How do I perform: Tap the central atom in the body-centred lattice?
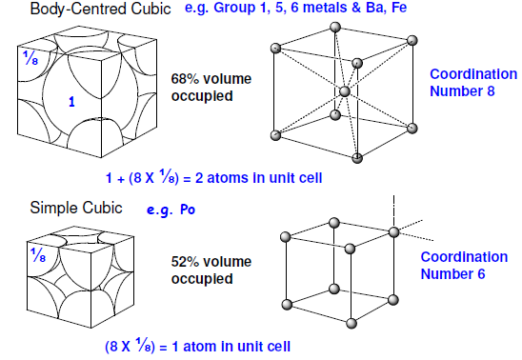(x=345, y=91)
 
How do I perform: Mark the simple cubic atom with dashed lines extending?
(x=392, y=231)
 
